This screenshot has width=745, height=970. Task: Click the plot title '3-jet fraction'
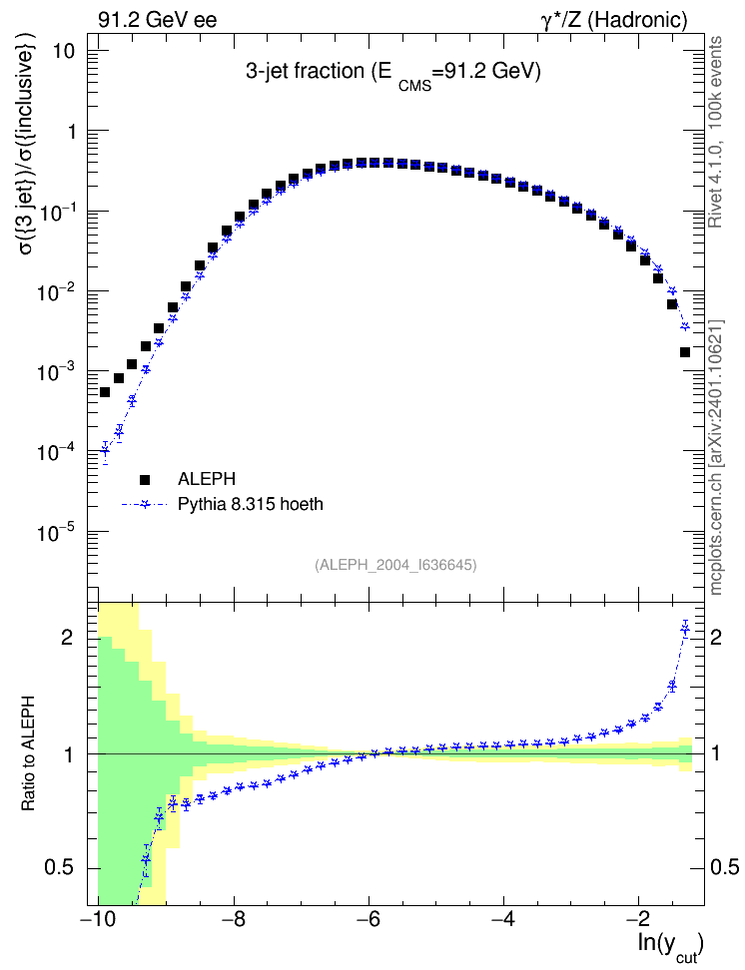(305, 71)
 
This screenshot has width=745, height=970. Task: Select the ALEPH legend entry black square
(145, 479)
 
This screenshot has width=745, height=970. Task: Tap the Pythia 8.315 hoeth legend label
(251, 504)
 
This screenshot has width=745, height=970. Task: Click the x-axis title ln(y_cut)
(671, 947)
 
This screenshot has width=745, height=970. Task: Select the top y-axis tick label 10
(63, 51)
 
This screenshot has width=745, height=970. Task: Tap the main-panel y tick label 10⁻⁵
(56, 531)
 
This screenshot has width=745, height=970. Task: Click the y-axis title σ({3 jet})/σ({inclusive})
(27, 152)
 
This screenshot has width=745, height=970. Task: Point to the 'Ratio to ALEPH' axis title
(28, 753)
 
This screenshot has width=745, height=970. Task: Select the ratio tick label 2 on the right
(716, 637)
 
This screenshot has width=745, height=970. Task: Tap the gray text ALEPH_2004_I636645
(395, 565)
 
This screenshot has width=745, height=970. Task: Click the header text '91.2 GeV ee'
(158, 20)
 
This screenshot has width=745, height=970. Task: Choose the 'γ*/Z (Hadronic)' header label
(614, 20)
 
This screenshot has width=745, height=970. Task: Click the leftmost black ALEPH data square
(105, 392)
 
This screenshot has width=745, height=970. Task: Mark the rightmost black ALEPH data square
(685, 352)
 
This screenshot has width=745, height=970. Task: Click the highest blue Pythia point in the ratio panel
(685, 629)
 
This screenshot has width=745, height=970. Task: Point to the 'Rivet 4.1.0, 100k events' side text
(715, 132)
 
